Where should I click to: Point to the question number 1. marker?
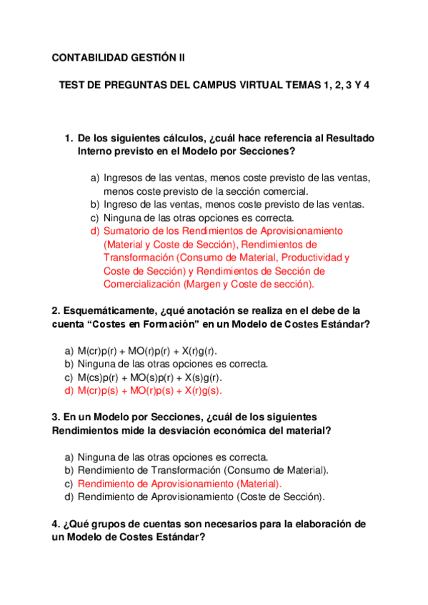[69, 138]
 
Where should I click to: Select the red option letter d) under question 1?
[94, 231]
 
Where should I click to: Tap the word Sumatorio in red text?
[126, 231]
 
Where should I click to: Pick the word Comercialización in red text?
[141, 284]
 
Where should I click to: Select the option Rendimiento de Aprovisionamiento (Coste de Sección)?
[201, 497]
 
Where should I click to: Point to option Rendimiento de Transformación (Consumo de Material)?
[203, 470]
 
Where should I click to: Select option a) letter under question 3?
[69, 457]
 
